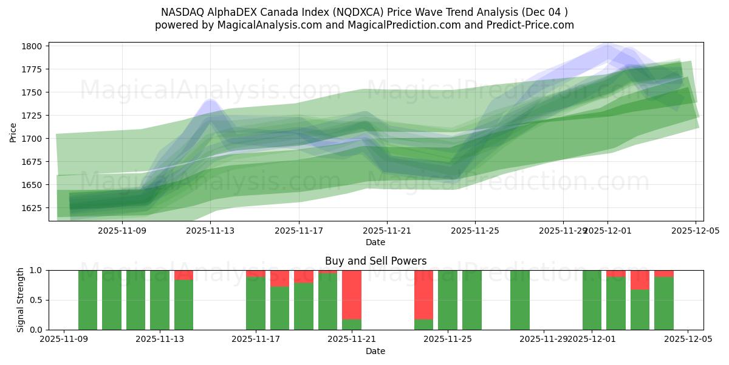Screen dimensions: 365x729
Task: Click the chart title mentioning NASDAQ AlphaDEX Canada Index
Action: point(364,12)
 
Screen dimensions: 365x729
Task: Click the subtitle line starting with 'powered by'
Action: point(364,25)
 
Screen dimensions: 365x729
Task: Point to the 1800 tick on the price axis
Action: point(33,46)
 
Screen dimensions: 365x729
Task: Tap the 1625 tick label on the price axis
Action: point(33,208)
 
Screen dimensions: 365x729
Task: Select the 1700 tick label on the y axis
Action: point(33,139)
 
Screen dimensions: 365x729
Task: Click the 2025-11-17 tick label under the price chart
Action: point(298,231)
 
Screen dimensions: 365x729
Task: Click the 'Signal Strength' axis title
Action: point(21,300)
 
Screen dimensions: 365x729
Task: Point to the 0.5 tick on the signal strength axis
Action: point(36,300)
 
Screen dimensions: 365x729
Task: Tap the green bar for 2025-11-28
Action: point(519,300)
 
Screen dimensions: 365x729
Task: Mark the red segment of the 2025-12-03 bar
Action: point(640,280)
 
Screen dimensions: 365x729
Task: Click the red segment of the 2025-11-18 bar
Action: point(279,278)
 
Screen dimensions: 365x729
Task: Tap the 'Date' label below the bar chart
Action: point(375,351)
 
